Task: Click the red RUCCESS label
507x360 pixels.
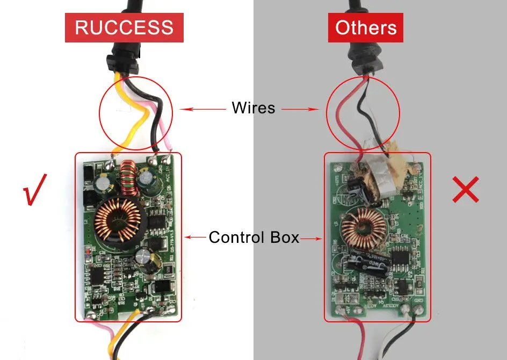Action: (x=124, y=27)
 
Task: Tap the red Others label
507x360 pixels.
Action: (x=366, y=27)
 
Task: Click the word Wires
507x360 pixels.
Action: (x=253, y=107)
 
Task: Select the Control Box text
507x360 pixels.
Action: (x=253, y=237)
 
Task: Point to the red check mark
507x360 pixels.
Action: (x=35, y=189)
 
